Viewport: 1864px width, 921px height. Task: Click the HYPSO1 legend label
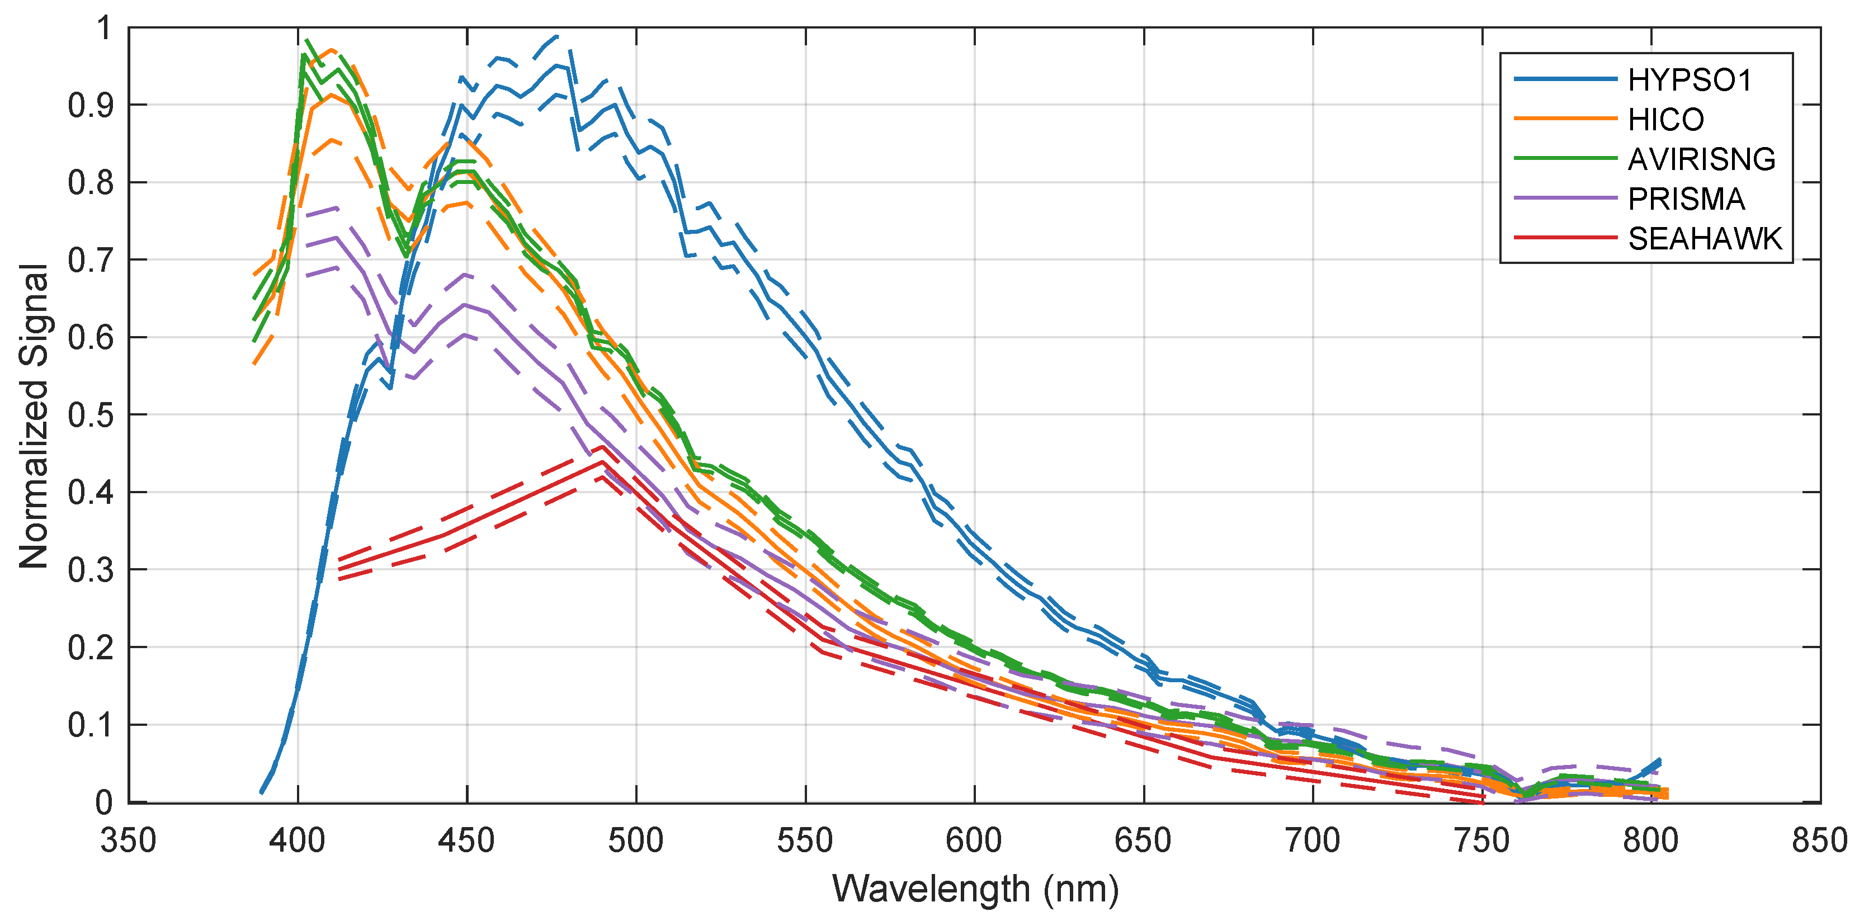pyautogui.click(x=1689, y=81)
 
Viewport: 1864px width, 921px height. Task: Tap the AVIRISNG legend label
pyautogui.click(x=1701, y=160)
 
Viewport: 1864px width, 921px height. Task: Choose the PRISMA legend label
pyautogui.click(x=1686, y=200)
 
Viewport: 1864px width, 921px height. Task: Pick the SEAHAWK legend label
pyautogui.click(x=1704, y=239)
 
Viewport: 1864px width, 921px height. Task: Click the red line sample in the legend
pyautogui.click(x=1564, y=237)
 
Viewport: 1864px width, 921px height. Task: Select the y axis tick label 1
pyautogui.click(x=105, y=29)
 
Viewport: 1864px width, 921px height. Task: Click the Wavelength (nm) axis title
pyautogui.click(x=975, y=889)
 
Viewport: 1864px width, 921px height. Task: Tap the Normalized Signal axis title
pyautogui.click(x=34, y=415)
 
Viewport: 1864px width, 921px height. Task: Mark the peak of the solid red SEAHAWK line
pyautogui.click(x=602, y=461)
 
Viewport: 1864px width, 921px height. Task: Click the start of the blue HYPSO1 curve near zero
pyautogui.click(x=261, y=793)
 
